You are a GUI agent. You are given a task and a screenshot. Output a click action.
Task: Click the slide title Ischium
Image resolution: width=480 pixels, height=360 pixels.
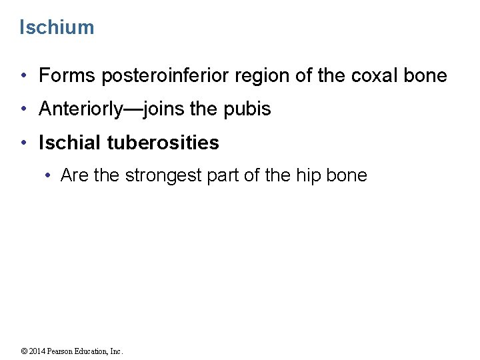[x=57, y=27]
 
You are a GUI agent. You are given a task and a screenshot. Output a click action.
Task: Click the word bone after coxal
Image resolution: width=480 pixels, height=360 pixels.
[x=425, y=76]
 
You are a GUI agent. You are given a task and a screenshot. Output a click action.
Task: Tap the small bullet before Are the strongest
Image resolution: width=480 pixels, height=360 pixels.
[x=49, y=176]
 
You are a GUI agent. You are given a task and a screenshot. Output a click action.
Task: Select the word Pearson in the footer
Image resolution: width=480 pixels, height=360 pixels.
[x=63, y=351]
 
